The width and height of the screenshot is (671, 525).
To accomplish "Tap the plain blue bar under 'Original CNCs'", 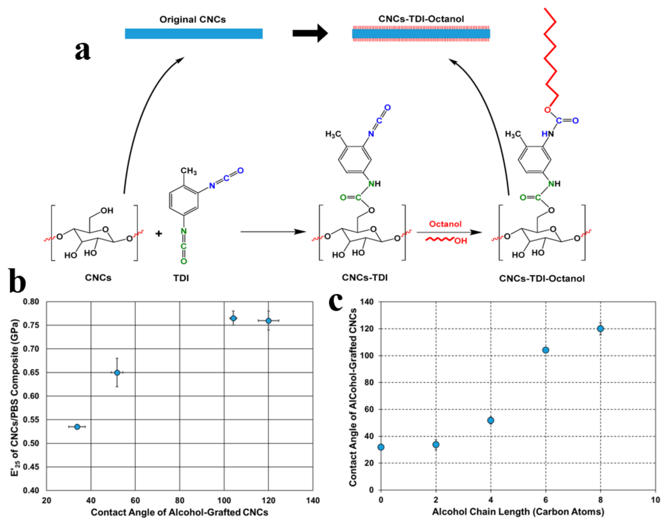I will [194, 33].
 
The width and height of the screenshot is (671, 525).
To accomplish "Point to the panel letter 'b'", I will [17, 280].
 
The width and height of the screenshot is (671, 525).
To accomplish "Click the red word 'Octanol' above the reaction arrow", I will [445, 224].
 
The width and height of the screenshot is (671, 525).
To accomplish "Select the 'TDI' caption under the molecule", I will [181, 278].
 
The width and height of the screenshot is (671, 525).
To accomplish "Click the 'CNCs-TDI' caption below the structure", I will [365, 277].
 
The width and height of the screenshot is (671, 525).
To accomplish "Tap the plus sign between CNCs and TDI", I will [159, 234].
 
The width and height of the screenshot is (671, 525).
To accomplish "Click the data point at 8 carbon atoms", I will [600, 329].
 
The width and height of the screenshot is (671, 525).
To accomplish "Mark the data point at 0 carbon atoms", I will [381, 447].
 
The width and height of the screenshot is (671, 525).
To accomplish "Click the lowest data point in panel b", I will [77, 427].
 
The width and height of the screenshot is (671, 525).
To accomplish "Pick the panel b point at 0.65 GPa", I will [117, 372].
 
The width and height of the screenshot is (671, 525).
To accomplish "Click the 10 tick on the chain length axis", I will [655, 500].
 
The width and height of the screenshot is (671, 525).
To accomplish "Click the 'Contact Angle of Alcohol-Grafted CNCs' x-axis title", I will [179, 512].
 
